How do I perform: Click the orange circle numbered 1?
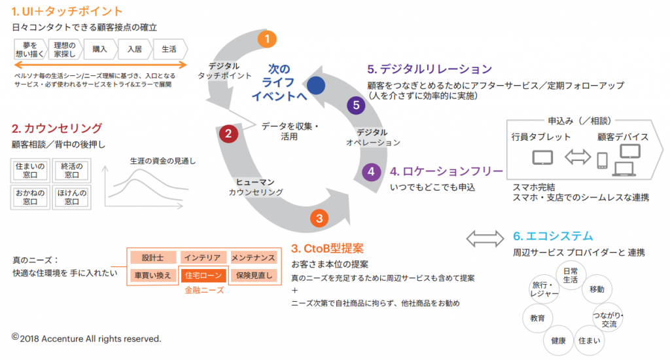pyautogui.click(x=266, y=39)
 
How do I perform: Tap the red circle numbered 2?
pyautogui.click(x=228, y=134)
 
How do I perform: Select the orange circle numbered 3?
pyautogui.click(x=319, y=219)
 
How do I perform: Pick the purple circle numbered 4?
pyautogui.click(x=371, y=172)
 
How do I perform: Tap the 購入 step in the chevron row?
pyautogui.click(x=99, y=49)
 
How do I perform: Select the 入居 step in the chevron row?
pyautogui.click(x=134, y=49)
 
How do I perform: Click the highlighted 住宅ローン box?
pyautogui.click(x=203, y=276)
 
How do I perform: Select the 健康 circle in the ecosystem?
pyautogui.click(x=559, y=341)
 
